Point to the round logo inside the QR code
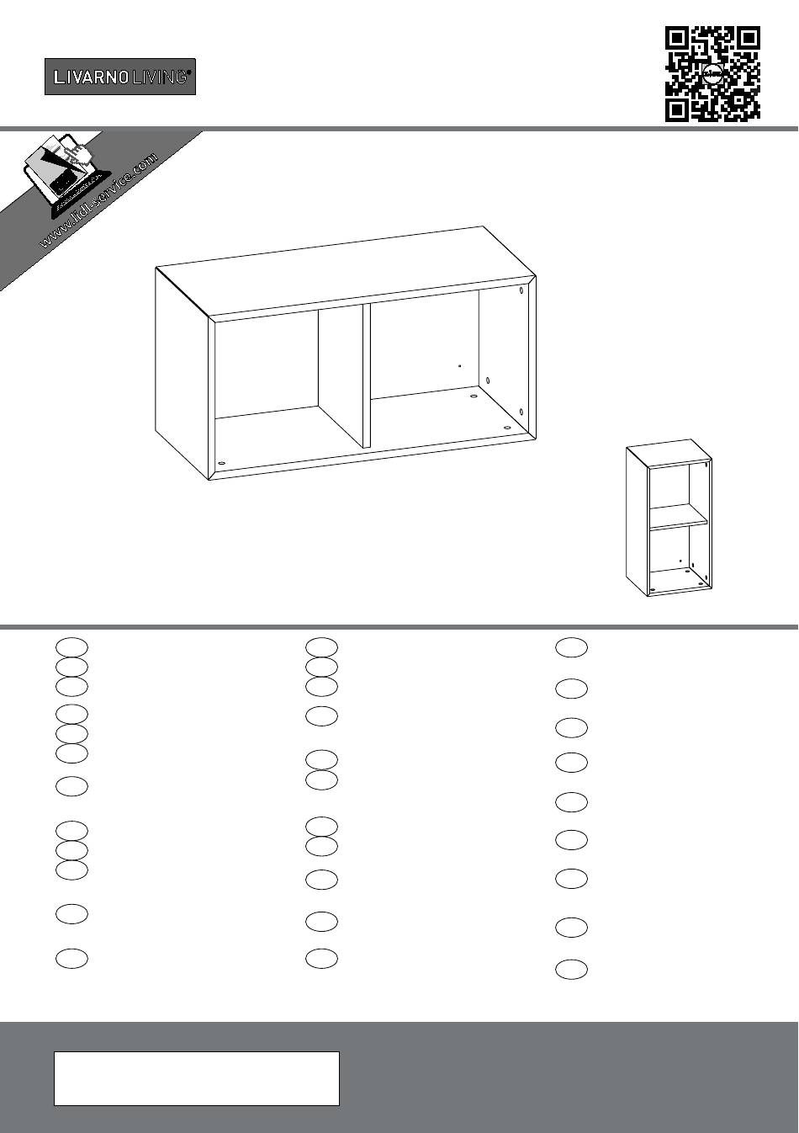(x=712, y=74)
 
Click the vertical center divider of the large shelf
(x=367, y=375)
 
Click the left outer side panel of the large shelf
(x=182, y=373)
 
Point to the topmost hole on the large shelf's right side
(x=521, y=291)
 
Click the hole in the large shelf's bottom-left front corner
(x=221, y=462)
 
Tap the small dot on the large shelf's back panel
(x=459, y=365)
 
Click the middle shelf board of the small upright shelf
(x=678, y=517)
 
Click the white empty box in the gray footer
(x=197, y=1078)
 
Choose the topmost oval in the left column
(x=71, y=647)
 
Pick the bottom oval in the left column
(x=71, y=959)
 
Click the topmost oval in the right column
(x=572, y=647)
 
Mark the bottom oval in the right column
(x=572, y=970)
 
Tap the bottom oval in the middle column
(x=321, y=959)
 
